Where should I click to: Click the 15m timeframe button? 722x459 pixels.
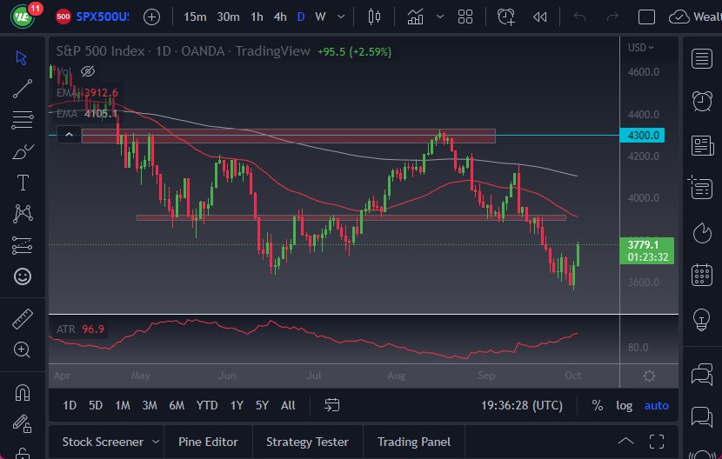tap(196, 17)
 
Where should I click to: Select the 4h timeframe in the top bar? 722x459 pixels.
tap(279, 17)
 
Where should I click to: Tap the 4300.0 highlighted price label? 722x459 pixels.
tap(645, 136)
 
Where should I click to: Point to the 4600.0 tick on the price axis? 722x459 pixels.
tap(644, 72)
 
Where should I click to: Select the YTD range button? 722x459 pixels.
tap(207, 405)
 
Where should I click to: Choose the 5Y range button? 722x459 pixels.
tap(262, 405)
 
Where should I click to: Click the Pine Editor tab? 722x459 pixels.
tap(209, 442)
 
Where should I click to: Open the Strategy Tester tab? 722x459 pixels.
tap(307, 442)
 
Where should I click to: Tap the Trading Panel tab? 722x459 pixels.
tap(413, 442)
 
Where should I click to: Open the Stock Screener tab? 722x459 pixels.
tap(103, 442)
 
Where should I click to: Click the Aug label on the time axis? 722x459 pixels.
tap(396, 376)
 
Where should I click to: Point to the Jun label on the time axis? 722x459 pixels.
tap(227, 376)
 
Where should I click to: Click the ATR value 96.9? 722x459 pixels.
tap(92, 329)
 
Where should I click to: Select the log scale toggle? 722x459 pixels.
tap(625, 405)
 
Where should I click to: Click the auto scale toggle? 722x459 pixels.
tap(657, 405)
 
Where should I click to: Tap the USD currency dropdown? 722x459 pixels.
tap(642, 48)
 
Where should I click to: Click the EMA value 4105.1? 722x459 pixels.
tap(100, 112)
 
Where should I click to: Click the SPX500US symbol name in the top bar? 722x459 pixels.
tap(103, 17)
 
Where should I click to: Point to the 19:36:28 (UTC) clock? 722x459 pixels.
tap(522, 405)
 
